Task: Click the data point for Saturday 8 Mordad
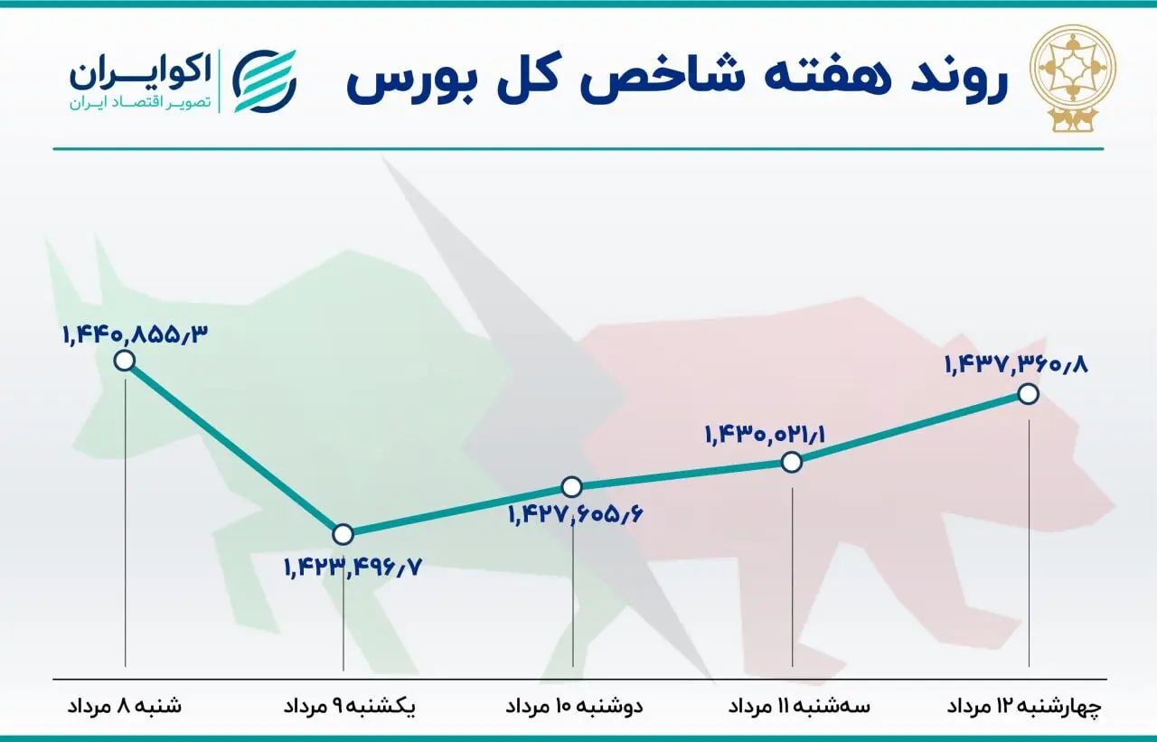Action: tap(125, 360)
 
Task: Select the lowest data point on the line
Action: tap(343, 534)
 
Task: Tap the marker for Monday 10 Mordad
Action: tap(572, 486)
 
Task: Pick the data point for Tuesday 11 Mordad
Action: tap(792, 462)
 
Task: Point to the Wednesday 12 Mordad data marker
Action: tap(1029, 394)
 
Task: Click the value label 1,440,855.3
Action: tap(136, 335)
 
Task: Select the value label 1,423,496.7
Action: tap(353, 568)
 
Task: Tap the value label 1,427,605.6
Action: tap(576, 515)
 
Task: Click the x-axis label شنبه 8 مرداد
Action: tap(125, 706)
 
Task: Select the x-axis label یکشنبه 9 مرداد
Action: tap(349, 707)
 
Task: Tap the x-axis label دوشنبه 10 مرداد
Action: tap(574, 706)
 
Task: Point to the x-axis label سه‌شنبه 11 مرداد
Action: tap(799, 706)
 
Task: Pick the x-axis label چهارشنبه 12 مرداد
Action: tap(1024, 707)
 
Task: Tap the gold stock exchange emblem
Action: tap(1073, 78)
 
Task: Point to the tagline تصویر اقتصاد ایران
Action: tap(140, 102)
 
